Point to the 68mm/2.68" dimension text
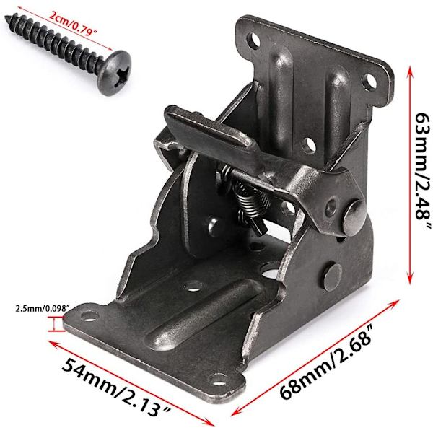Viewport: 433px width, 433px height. [x=327, y=361]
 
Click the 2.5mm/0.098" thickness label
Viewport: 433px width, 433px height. [x=43, y=308]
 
